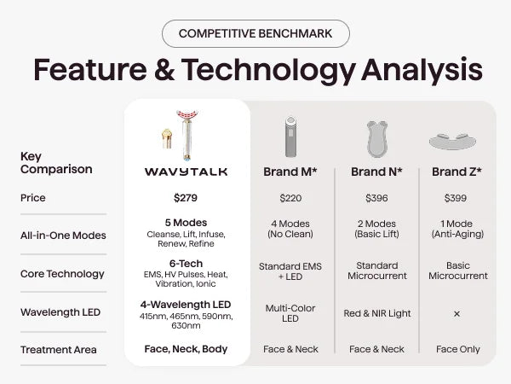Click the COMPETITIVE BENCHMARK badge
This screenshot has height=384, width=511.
tap(255, 33)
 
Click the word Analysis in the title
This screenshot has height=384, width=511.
tap(422, 70)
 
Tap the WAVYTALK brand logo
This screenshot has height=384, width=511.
tap(186, 172)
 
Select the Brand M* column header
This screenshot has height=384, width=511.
tap(290, 172)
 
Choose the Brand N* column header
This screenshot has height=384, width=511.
tap(376, 172)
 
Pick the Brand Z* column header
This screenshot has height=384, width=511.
tap(456, 172)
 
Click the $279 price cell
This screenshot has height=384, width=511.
tap(186, 198)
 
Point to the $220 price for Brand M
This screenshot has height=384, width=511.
tap(290, 198)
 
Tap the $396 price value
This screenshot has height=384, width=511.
tap(376, 198)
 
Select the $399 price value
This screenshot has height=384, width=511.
tap(456, 198)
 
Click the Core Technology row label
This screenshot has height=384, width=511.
tap(62, 274)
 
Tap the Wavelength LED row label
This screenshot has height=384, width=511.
tap(60, 312)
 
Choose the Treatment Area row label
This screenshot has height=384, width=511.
tap(58, 350)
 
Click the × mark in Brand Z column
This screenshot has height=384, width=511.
tap(456, 314)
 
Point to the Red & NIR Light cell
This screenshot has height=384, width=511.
tap(377, 313)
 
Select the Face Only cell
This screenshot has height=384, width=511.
tap(458, 349)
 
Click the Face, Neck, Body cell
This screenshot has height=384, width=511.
tap(186, 349)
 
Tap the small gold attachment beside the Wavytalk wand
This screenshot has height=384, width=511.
tap(167, 139)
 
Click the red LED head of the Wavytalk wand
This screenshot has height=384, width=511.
tap(187, 115)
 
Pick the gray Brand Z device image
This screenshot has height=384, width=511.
tap(453, 142)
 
